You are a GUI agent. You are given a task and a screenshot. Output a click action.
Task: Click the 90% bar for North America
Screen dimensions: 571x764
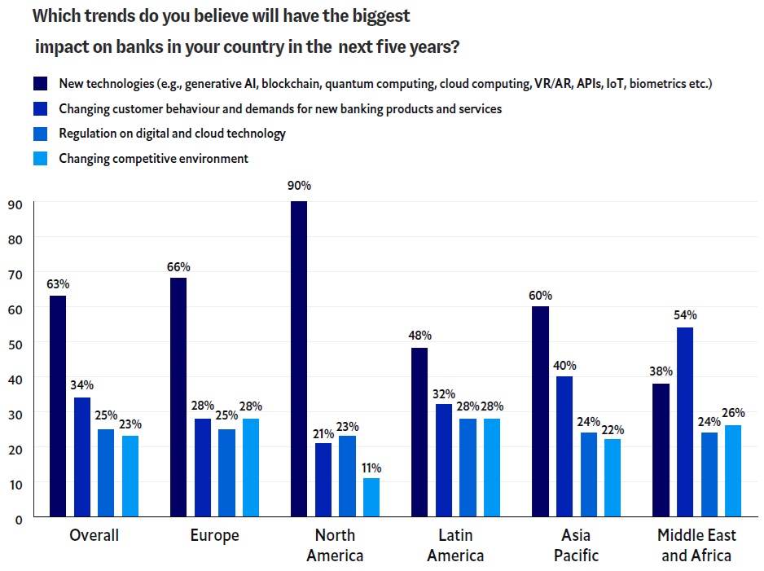[299, 358]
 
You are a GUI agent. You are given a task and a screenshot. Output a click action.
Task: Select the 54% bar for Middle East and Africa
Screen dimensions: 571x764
[684, 422]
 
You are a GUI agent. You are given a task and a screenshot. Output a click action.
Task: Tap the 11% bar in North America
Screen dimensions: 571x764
[371, 497]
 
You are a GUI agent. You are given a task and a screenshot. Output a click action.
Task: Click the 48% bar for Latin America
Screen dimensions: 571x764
[419, 432]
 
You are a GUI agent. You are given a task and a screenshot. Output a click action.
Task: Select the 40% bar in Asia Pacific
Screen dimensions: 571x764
[564, 446]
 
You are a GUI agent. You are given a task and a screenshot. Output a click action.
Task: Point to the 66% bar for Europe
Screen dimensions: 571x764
[178, 397]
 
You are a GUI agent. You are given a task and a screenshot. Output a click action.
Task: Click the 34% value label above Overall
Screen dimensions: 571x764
[82, 385]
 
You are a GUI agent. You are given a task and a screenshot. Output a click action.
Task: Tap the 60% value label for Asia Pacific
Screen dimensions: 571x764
[540, 295]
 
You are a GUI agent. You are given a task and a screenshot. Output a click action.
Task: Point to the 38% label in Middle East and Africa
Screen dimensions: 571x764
[661, 372]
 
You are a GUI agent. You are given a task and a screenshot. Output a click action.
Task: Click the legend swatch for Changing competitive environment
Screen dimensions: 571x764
[42, 159]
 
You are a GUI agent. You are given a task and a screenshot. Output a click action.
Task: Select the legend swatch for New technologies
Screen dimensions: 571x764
[42, 84]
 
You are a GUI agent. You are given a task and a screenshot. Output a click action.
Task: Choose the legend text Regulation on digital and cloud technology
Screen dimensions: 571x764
[172, 134]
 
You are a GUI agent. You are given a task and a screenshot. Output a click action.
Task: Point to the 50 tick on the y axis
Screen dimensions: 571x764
[15, 343]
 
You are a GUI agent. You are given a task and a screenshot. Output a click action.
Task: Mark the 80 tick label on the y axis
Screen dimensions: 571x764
[15, 238]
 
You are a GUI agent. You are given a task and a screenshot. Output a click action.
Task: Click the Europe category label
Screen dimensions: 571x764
[215, 536]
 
